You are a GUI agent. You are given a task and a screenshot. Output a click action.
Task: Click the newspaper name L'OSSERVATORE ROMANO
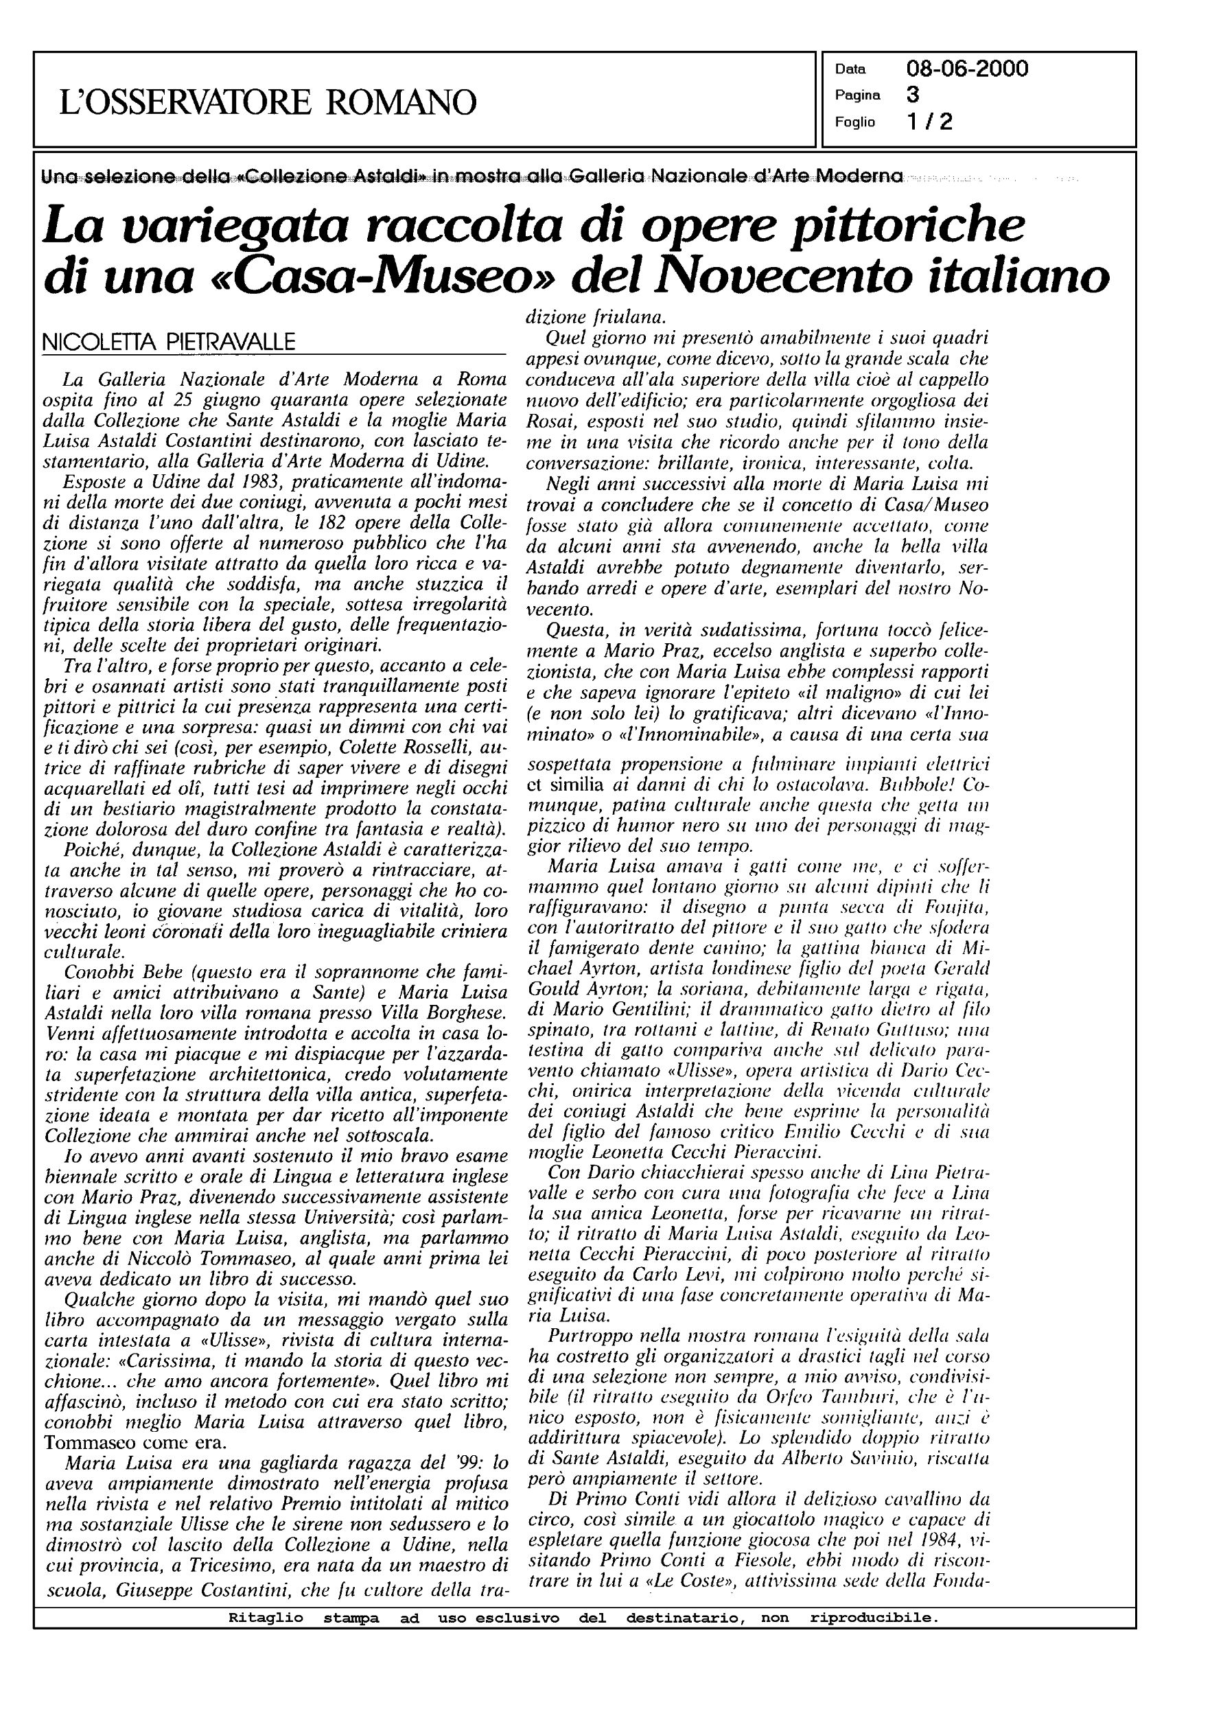pyautogui.click(x=268, y=102)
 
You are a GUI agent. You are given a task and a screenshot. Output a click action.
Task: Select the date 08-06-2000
pyautogui.click(x=967, y=69)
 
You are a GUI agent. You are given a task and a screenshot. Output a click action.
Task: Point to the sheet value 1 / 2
pyautogui.click(x=929, y=121)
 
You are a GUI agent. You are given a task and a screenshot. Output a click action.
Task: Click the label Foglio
pyautogui.click(x=854, y=122)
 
